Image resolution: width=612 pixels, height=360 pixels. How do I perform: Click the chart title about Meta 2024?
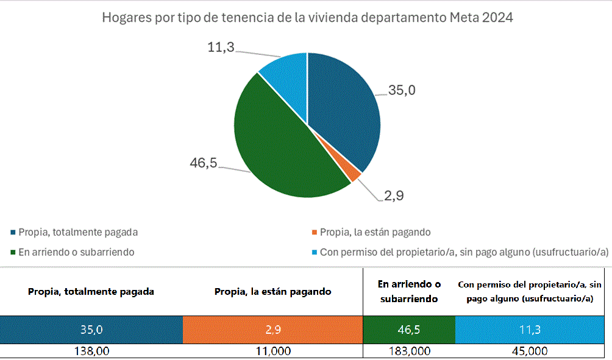307,18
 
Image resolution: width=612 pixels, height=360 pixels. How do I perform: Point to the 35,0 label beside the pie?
402,90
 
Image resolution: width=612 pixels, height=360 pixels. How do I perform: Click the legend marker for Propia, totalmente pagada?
13,232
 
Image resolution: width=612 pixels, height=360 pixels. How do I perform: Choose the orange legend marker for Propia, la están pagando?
315,232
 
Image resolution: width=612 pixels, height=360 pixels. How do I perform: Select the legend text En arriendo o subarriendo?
77,252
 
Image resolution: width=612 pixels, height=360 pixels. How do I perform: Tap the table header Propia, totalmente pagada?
91,291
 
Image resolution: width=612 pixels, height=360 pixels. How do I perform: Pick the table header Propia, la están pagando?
272,291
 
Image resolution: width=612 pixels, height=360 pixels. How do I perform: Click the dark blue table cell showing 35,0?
91,330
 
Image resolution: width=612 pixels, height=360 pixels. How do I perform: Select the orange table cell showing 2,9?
272,330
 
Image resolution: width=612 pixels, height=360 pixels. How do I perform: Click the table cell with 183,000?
408,351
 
